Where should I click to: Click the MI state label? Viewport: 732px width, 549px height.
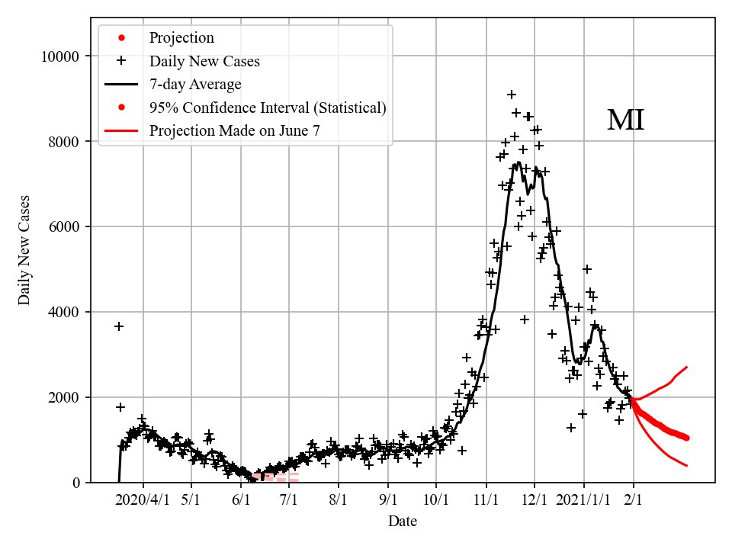pos(625,120)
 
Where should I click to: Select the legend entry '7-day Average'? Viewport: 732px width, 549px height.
pos(195,84)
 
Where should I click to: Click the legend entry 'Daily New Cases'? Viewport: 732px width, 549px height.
pos(204,61)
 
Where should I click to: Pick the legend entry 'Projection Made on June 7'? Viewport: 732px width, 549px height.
pos(234,130)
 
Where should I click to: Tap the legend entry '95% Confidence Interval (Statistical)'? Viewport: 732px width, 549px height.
pos(268,108)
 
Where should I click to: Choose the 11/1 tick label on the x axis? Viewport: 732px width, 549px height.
pos(486,500)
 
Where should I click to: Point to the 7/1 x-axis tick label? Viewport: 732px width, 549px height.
pos(289,500)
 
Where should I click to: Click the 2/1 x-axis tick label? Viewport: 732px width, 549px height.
pos(634,500)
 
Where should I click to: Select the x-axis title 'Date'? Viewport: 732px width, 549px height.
pos(402,522)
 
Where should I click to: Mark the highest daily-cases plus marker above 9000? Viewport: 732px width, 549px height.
pos(512,95)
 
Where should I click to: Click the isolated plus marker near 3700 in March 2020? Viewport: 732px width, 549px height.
pos(119,326)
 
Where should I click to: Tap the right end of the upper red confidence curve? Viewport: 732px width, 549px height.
pos(687,367)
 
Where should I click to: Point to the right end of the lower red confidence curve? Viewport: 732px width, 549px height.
pos(687,465)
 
